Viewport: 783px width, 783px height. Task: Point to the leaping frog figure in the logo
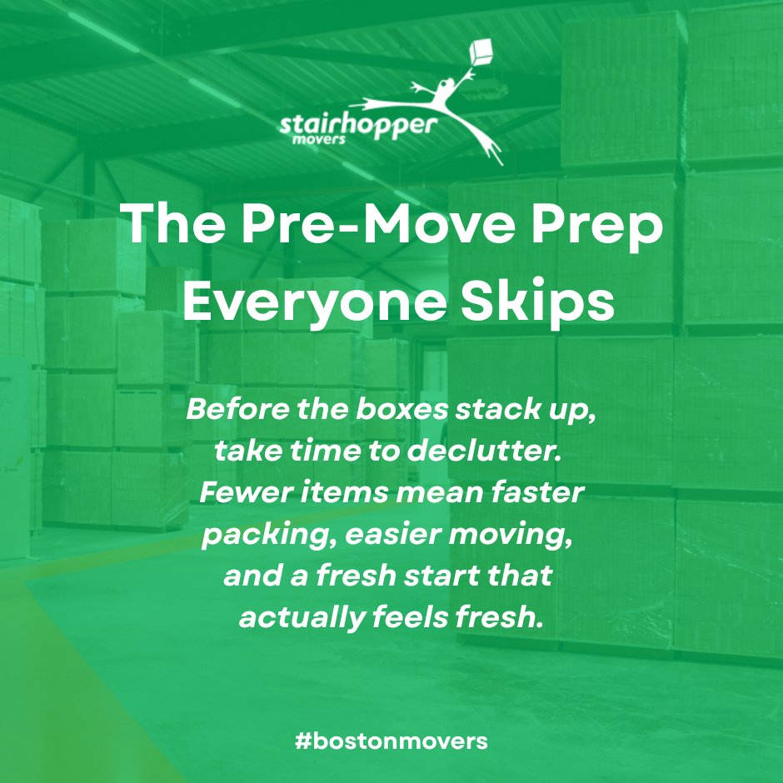[x=454, y=104]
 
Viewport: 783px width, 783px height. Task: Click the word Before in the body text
[x=232, y=411]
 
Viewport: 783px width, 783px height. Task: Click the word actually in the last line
[x=288, y=618]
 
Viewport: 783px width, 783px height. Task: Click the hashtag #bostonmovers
[x=391, y=740]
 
